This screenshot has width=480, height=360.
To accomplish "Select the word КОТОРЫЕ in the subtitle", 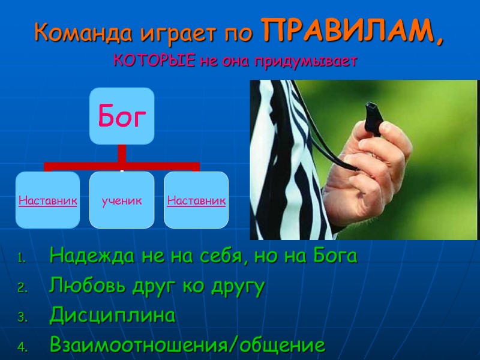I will [x=154, y=61].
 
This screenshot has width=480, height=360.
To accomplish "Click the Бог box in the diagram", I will [x=122, y=116].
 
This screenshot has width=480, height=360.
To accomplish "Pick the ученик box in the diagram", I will [x=122, y=200].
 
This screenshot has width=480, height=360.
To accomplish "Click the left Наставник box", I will [x=47, y=200].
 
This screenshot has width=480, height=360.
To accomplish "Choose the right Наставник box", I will [x=196, y=200].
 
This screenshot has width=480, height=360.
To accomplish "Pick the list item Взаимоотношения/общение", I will [x=188, y=346].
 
